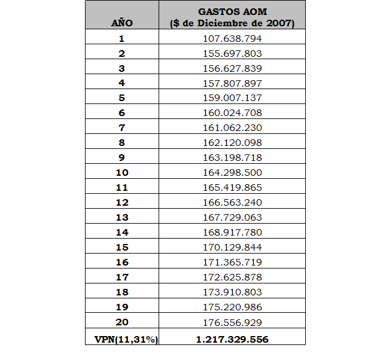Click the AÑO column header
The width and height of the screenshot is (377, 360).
coord(121,23)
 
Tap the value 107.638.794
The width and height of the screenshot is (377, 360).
coord(232,39)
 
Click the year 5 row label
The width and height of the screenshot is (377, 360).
coord(121,98)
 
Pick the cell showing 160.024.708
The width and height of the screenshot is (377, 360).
coord(232,113)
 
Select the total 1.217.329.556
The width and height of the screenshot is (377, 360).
coord(232,339)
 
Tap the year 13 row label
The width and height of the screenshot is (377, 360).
coord(121,218)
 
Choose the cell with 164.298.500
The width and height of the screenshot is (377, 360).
coord(232,173)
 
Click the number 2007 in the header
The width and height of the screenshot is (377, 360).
coord(282,23)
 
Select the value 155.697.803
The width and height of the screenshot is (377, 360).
coord(232,54)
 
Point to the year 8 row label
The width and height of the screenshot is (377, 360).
coord(121,143)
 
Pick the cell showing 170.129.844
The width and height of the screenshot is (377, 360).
coord(232,248)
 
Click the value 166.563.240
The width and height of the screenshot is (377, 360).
coord(232,203)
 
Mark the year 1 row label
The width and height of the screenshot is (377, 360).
coord(121,39)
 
